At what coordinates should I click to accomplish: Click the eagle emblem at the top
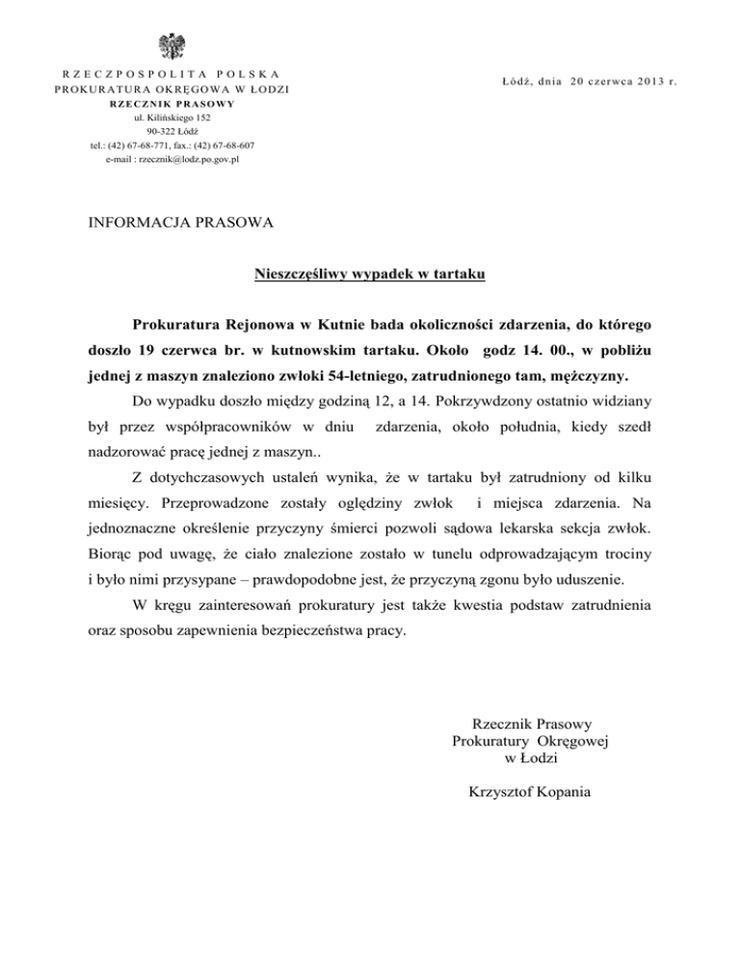tap(175, 47)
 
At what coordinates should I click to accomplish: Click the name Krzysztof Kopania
tap(530, 792)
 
